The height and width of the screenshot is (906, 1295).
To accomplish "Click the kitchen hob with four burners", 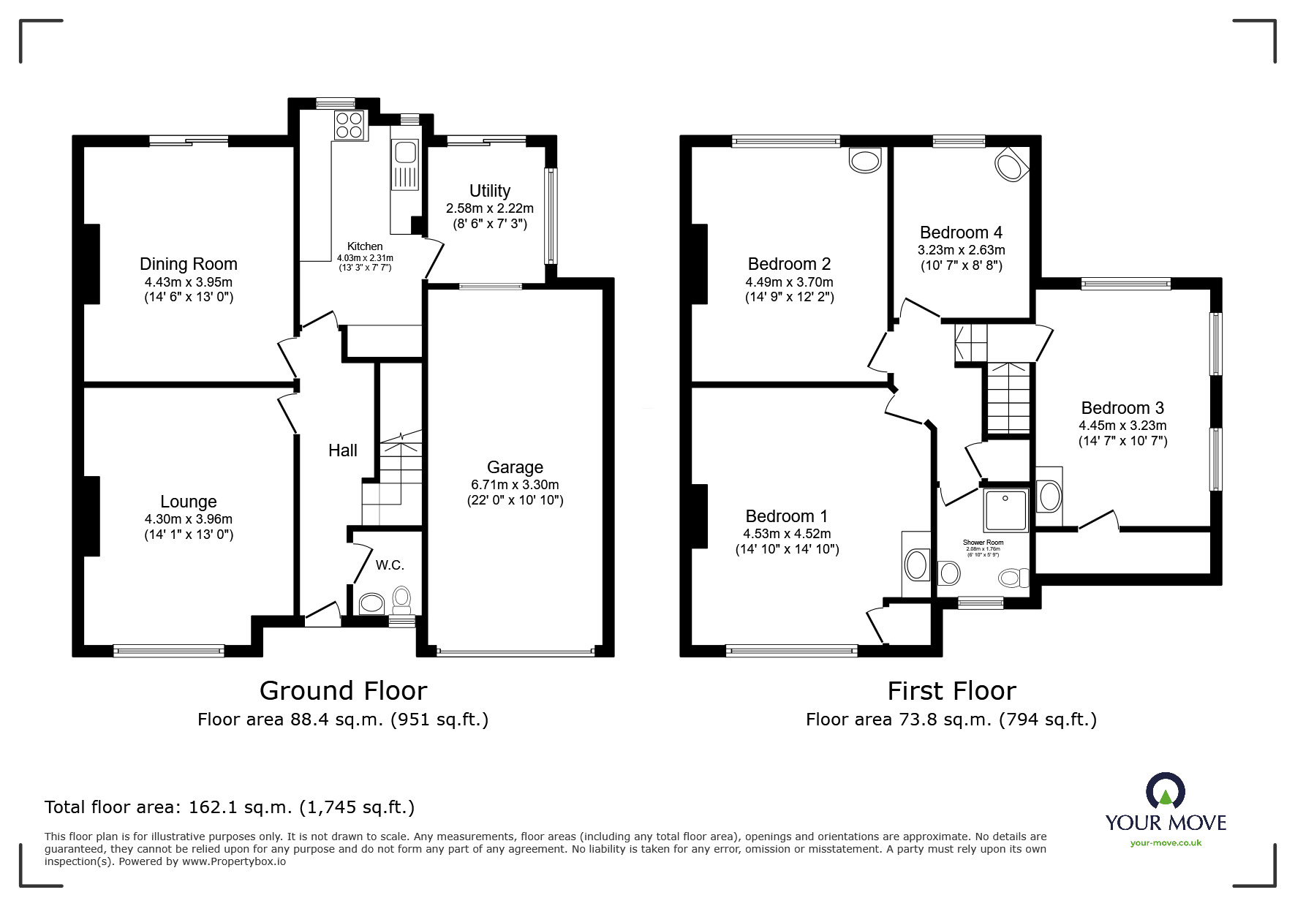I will tap(350, 125).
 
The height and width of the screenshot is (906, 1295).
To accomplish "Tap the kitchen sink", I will tap(404, 154).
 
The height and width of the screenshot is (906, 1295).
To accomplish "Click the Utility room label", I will tap(489, 191).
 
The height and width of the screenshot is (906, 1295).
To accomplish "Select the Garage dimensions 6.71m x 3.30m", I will tap(515, 485).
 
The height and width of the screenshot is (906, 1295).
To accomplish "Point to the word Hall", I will tap(342, 450).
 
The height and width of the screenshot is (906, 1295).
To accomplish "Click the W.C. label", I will tap(390, 565).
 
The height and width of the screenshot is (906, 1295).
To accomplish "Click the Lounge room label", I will tap(189, 502).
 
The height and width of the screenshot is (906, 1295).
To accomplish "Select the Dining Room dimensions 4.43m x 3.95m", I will tap(189, 282).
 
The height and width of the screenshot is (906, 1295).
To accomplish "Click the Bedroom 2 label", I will tap(789, 264).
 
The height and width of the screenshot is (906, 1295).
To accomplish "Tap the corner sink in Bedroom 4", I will tap(1011, 165).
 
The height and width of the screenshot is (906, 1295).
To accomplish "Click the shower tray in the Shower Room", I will tap(1005, 510).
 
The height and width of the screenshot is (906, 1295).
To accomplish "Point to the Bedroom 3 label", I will tap(1122, 408).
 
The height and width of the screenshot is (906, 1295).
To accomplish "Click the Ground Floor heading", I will tap(343, 691).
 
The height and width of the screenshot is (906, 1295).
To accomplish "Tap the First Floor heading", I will tap(951, 691).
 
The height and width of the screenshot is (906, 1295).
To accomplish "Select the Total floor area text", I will tap(230, 807).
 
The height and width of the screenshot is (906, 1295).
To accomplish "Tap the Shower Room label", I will tap(983, 543).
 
